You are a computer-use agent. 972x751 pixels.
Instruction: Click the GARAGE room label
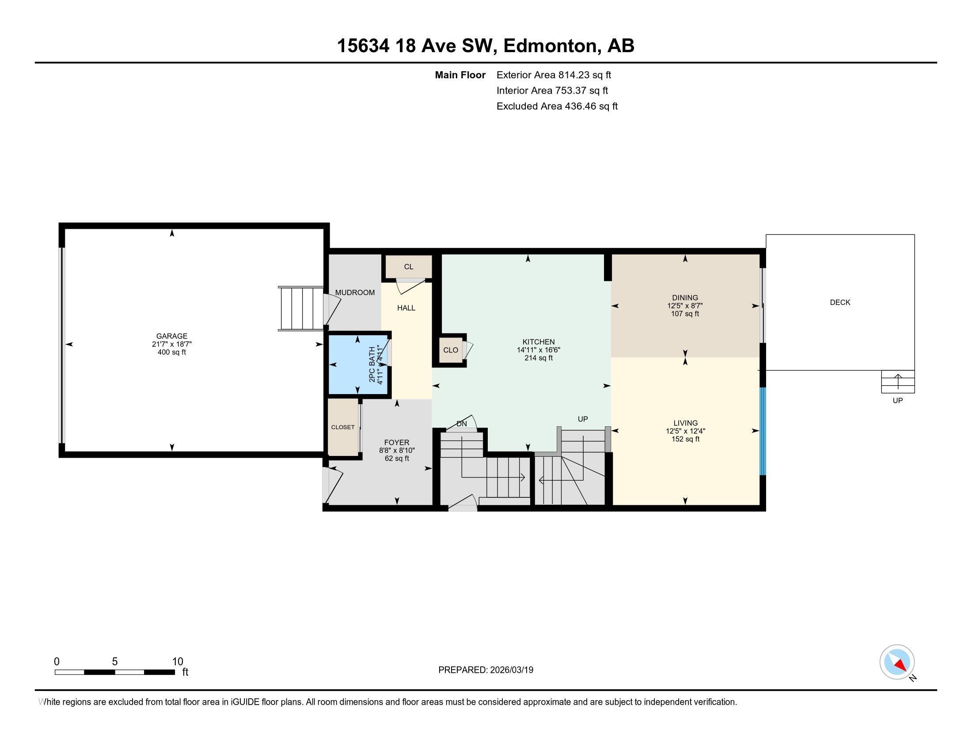click(171, 336)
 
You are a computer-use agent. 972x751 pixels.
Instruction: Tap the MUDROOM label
click(355, 292)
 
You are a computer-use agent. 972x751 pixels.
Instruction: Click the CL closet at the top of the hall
click(408, 266)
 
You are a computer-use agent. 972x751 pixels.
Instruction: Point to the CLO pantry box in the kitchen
click(450, 350)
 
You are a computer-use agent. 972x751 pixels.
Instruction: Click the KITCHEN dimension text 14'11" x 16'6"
click(538, 350)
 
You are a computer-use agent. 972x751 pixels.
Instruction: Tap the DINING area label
click(684, 298)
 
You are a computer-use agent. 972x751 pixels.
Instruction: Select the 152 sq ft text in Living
click(685, 439)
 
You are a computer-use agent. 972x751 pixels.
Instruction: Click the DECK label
click(839, 302)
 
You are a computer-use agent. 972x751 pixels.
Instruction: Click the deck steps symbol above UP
click(897, 382)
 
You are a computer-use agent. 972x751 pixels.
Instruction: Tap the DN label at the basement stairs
click(461, 424)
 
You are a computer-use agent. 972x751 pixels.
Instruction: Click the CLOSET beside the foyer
click(343, 427)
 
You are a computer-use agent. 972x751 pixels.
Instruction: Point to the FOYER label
click(396, 442)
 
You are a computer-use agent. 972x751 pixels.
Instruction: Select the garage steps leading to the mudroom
click(301, 309)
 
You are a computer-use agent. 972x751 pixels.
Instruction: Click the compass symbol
click(896, 662)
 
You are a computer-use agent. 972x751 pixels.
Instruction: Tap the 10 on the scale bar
click(177, 661)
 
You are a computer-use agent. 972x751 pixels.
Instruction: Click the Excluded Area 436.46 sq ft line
click(556, 106)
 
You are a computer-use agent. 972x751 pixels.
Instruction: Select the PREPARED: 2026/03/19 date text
click(485, 670)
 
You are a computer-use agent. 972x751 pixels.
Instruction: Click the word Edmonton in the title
click(550, 46)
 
